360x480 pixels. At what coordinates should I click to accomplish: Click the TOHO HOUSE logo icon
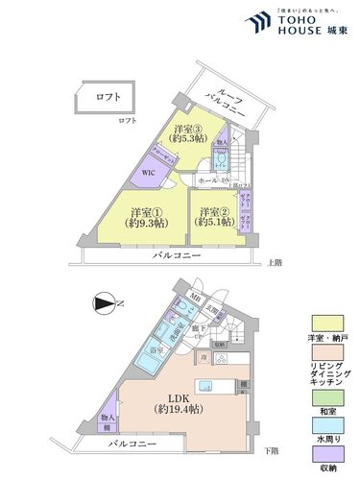tap(256, 23)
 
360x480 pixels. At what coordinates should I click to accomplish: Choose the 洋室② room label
tap(212, 218)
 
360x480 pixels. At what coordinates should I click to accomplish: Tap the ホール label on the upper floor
tap(205, 180)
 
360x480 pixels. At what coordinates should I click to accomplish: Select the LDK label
tap(179, 396)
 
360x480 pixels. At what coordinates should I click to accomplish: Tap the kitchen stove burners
tap(221, 361)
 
